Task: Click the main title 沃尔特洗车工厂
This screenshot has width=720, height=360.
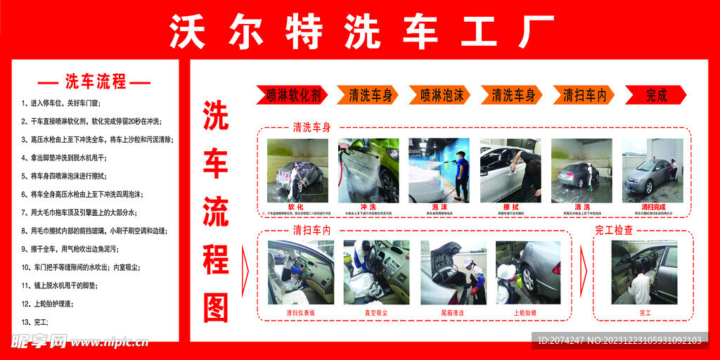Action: tap(360, 32)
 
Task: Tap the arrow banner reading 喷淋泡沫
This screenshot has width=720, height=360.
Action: tap(442, 95)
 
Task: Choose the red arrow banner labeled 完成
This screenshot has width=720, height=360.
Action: tap(655, 95)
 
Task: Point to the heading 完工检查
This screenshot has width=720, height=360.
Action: tap(614, 230)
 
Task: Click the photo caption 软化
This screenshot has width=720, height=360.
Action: tap(296, 207)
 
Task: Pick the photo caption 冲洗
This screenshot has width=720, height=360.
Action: tap(368, 207)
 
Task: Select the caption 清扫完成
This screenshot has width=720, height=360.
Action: tap(652, 207)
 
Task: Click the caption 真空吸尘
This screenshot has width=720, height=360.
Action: tap(375, 312)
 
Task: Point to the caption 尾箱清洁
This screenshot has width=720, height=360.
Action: tap(454, 312)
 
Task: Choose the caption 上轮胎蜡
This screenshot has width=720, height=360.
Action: tap(527, 312)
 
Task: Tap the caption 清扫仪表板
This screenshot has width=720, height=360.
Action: tap(300, 312)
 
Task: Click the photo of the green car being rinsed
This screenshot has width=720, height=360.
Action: tap(368, 170)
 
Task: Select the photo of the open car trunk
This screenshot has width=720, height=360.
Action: tap(454, 272)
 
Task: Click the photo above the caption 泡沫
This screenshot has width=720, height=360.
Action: tap(439, 170)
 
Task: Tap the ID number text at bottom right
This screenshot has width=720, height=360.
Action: tap(619, 340)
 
